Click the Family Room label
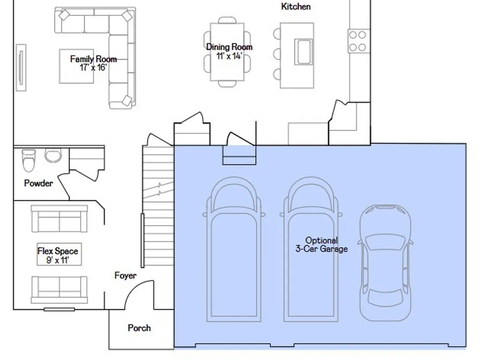(x=94, y=59)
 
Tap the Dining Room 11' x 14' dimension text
(x=229, y=56)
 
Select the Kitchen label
(x=296, y=6)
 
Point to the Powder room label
(x=38, y=183)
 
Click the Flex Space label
(x=58, y=251)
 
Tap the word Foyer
(x=125, y=276)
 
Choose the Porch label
(x=139, y=328)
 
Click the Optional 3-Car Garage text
(x=322, y=245)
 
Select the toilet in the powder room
(x=28, y=160)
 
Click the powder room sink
(x=53, y=156)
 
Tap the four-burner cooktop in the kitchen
(x=359, y=41)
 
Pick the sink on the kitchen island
(x=303, y=51)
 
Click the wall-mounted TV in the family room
(x=21, y=67)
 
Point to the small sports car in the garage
(x=385, y=263)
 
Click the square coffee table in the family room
(x=76, y=66)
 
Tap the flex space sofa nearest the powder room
(x=60, y=218)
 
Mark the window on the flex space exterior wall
(x=59, y=310)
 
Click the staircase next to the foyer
(x=158, y=206)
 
